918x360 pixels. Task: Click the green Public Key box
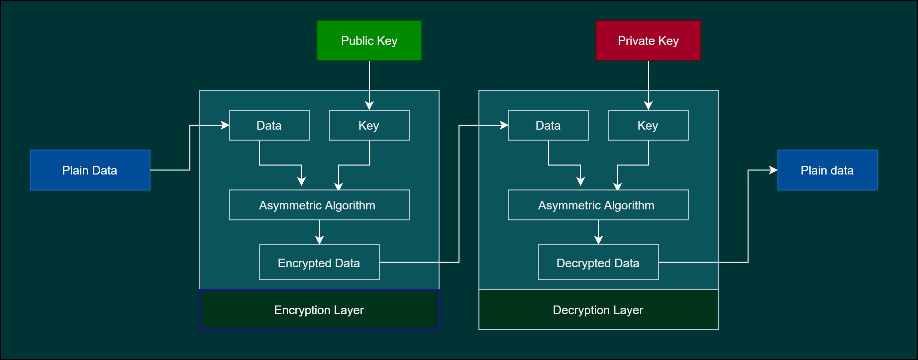tap(369, 40)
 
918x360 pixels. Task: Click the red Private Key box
tap(648, 40)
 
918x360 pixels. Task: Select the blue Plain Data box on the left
tap(90, 170)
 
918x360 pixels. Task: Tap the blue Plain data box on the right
tap(827, 170)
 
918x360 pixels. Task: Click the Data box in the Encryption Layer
tap(269, 125)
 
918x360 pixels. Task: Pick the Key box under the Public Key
tap(369, 125)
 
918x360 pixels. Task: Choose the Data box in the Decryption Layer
tap(548, 125)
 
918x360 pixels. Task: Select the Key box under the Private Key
tap(648, 125)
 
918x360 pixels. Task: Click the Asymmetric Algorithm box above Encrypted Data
tap(319, 205)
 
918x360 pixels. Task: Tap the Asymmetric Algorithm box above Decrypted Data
tap(598, 205)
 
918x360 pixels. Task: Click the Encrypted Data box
tap(319, 262)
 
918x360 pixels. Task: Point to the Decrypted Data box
tap(598, 262)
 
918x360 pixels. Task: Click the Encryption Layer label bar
tap(319, 309)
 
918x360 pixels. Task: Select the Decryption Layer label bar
tap(598, 309)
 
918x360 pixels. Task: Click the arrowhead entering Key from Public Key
tap(369, 106)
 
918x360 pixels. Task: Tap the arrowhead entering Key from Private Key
tap(648, 106)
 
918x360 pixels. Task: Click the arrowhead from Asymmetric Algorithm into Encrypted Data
tap(319, 240)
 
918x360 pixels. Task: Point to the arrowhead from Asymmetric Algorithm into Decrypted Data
tap(598, 240)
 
